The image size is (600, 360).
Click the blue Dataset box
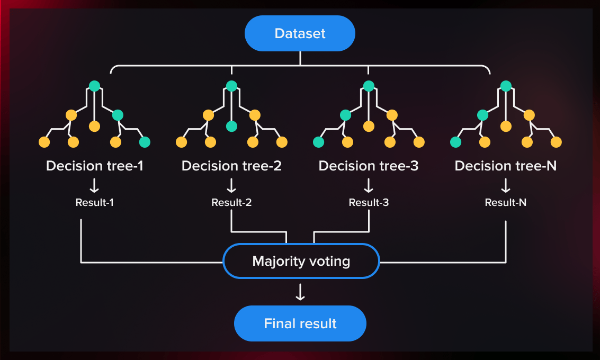pyautogui.click(x=300, y=33)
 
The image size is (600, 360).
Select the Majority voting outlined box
pyautogui.click(x=301, y=261)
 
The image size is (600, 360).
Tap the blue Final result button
pyautogui.click(x=300, y=323)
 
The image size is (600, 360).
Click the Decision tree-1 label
pyautogui.click(x=95, y=166)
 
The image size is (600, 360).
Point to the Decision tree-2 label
pyautogui.click(x=231, y=166)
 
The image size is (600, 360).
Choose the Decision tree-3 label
pyautogui.click(x=369, y=166)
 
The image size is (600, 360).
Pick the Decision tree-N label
pyautogui.click(x=506, y=166)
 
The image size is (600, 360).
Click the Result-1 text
pyautogui.click(x=95, y=202)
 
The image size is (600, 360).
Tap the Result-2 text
pyautogui.click(x=231, y=202)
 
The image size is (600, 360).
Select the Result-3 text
pyautogui.click(x=369, y=202)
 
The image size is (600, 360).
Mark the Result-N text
pyautogui.click(x=506, y=202)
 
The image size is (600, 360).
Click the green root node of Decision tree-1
pyautogui.click(x=94, y=86)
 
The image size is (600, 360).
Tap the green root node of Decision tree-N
pyautogui.click(x=506, y=86)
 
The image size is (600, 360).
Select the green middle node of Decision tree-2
pyautogui.click(x=231, y=126)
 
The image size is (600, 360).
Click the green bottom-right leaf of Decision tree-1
pyautogui.click(x=145, y=142)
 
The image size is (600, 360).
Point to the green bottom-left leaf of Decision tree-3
pyautogui.click(x=318, y=142)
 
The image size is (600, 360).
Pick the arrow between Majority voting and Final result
pyautogui.click(x=300, y=292)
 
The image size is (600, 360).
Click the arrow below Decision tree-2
pyautogui.click(x=231, y=185)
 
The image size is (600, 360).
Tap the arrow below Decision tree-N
pyautogui.click(x=506, y=185)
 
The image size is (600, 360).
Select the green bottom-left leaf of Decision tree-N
pyautogui.click(x=455, y=142)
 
